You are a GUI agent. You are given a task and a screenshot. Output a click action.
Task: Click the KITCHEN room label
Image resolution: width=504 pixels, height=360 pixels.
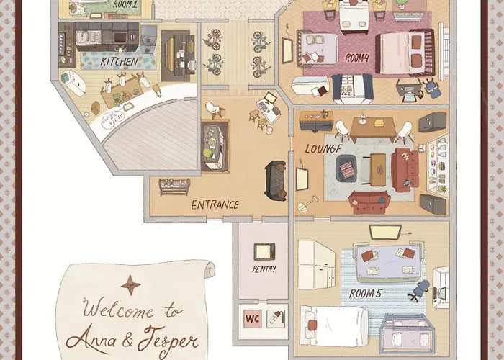pos(119,62)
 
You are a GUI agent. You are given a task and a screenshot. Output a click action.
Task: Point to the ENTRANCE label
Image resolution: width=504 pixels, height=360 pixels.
pos(215,204)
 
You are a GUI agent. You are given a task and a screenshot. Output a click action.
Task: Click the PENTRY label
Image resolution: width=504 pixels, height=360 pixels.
pos(264,269)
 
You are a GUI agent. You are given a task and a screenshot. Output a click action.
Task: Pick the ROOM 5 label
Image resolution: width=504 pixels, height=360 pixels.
pos(366,294)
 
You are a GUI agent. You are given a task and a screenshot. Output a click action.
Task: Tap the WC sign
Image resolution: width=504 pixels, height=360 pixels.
pos(253,317)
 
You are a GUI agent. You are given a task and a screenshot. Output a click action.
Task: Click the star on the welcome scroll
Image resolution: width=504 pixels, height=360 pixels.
pos(130,285)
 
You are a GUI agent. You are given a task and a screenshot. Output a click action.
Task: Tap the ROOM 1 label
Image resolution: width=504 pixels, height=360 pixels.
pos(125,4)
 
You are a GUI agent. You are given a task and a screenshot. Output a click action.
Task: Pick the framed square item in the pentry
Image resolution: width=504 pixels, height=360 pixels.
pos(263,251)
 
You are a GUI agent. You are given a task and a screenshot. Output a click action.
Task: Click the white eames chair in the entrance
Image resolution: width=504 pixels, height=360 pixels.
pos(214,109)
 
